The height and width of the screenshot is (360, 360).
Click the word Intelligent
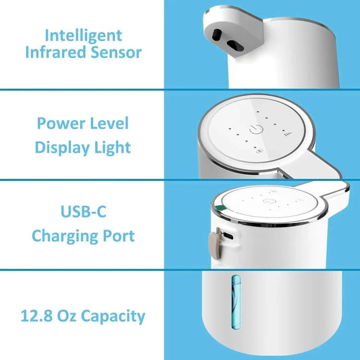coord(84,34)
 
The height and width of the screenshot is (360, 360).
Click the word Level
coord(110,124)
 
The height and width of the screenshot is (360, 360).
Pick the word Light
coord(113,147)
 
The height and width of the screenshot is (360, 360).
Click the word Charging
coord(66,236)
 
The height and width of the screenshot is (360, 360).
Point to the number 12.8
coord(40,315)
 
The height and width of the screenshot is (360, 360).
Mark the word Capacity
coord(118,315)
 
